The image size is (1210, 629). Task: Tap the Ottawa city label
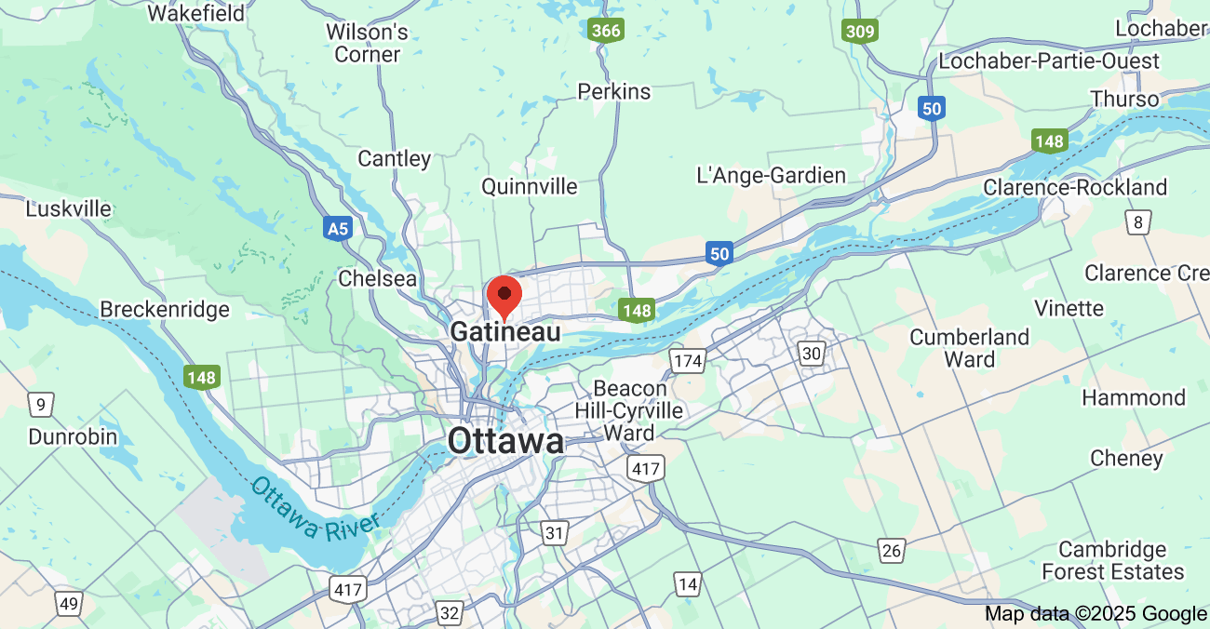click(505, 441)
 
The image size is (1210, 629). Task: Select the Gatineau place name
click(505, 332)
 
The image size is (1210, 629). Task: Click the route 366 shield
click(606, 31)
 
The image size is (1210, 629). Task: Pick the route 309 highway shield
click(860, 32)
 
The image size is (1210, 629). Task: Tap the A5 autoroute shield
click(338, 228)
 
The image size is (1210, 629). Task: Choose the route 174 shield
click(688, 359)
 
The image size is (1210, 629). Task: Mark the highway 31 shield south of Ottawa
click(556, 533)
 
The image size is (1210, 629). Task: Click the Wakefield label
click(196, 13)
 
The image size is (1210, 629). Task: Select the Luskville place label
click(69, 208)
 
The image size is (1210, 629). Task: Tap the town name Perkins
click(614, 91)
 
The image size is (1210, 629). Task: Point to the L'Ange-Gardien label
click(772, 175)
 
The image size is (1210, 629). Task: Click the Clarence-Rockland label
click(1075, 188)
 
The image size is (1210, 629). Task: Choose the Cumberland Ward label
click(970, 348)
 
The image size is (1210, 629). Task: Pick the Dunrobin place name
click(73, 436)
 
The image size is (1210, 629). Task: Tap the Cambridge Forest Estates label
click(1112, 560)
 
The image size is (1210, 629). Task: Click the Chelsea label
click(378, 278)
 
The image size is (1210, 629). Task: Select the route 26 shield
click(892, 551)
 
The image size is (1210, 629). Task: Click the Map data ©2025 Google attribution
click(1096, 614)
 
